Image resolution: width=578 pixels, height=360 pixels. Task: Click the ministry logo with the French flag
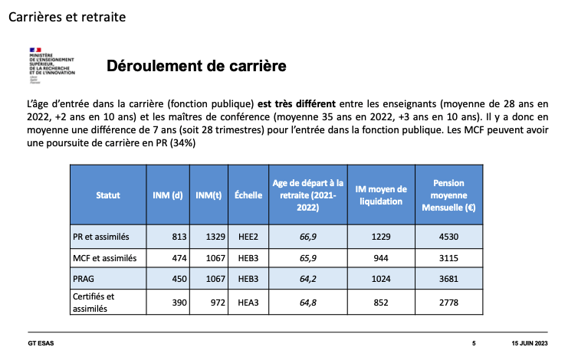pyautogui.click(x=52, y=66)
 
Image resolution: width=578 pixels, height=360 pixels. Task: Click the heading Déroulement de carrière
pyautogui.click(x=196, y=66)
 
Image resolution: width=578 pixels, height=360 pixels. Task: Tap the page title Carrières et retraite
pyautogui.click(x=67, y=17)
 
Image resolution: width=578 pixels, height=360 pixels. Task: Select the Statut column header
pyautogui.click(x=108, y=195)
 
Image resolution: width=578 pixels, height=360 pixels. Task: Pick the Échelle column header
pyautogui.click(x=248, y=195)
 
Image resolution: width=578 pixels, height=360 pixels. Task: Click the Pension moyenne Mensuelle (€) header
pyautogui.click(x=448, y=195)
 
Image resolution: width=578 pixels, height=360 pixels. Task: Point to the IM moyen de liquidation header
pyautogui.click(x=381, y=195)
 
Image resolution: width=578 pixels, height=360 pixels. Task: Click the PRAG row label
pyautogui.click(x=84, y=279)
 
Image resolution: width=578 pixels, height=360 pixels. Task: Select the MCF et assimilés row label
pyautogui.click(x=105, y=258)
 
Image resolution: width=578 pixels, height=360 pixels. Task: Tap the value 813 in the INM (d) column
pyautogui.click(x=179, y=237)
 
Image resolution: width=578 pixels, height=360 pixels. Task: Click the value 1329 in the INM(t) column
pyautogui.click(x=215, y=237)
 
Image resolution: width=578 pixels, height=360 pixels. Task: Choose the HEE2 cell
pyautogui.click(x=248, y=237)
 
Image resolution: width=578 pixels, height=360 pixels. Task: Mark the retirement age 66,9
pyautogui.click(x=308, y=237)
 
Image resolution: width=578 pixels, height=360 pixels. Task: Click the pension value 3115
pyautogui.click(x=448, y=258)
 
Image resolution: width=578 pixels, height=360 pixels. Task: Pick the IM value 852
pyautogui.click(x=381, y=303)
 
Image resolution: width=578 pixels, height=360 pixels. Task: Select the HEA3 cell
pyautogui.click(x=248, y=303)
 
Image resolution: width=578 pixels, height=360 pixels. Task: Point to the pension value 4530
pyautogui.click(x=448, y=237)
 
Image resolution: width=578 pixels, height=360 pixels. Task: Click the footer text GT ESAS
pyautogui.click(x=41, y=343)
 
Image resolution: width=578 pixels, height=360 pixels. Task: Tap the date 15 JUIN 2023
pyautogui.click(x=530, y=343)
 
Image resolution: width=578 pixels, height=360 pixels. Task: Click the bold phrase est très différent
pyautogui.click(x=297, y=104)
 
